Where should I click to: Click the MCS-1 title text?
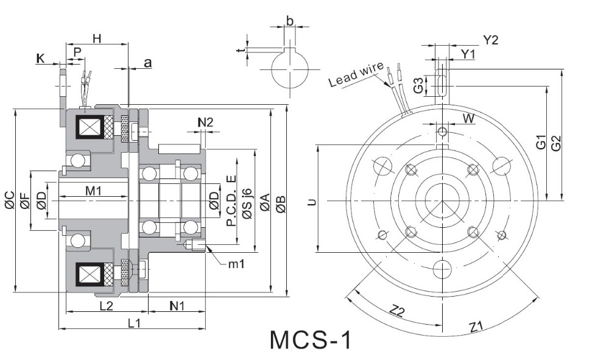[x=311, y=340]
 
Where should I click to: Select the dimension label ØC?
[x=10, y=200]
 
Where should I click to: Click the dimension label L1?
[x=133, y=323]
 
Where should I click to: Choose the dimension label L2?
[x=106, y=306]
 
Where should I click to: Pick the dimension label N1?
[x=177, y=306]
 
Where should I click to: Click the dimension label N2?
[x=205, y=122]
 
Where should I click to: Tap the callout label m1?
[x=236, y=264]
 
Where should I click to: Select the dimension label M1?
[x=93, y=191]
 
